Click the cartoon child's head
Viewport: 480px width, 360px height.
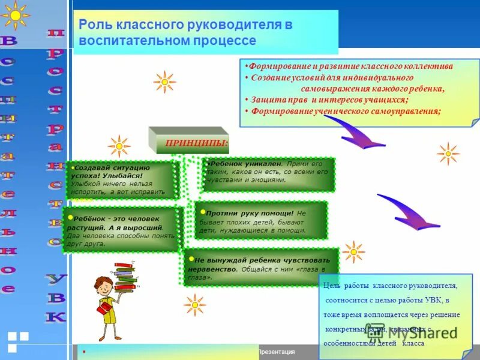tap(103, 286)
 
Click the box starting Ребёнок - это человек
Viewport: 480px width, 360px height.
tap(122, 229)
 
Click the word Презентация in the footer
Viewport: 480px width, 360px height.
tap(276, 352)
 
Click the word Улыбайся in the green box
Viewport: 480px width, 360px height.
tap(125, 176)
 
